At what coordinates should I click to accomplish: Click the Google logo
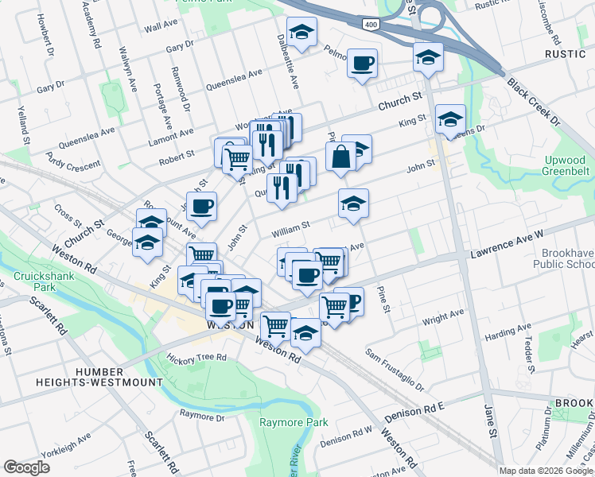pyautogui.click(x=26, y=467)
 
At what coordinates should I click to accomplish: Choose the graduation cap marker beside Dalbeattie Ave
pyautogui.click(x=301, y=33)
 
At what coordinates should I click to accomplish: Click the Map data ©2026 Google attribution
pyautogui.click(x=546, y=470)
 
